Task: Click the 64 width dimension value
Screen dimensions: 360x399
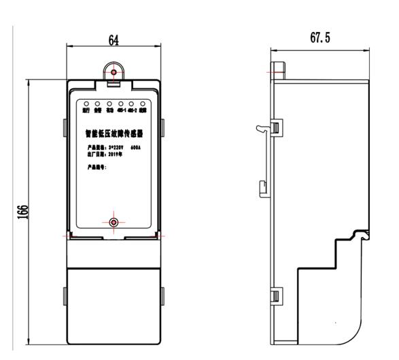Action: click(x=114, y=41)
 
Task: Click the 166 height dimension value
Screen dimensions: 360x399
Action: click(x=22, y=212)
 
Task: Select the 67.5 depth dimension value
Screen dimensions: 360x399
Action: click(x=320, y=38)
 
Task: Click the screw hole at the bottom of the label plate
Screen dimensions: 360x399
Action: click(x=114, y=222)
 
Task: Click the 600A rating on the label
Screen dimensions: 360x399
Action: click(x=135, y=146)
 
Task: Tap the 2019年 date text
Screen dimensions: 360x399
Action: click(x=113, y=154)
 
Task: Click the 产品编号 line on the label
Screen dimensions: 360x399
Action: click(x=94, y=166)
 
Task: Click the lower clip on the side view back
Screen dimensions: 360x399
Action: click(x=277, y=294)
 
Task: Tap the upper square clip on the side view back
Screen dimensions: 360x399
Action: click(x=276, y=126)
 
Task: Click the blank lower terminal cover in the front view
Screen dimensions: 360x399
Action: click(x=114, y=302)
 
